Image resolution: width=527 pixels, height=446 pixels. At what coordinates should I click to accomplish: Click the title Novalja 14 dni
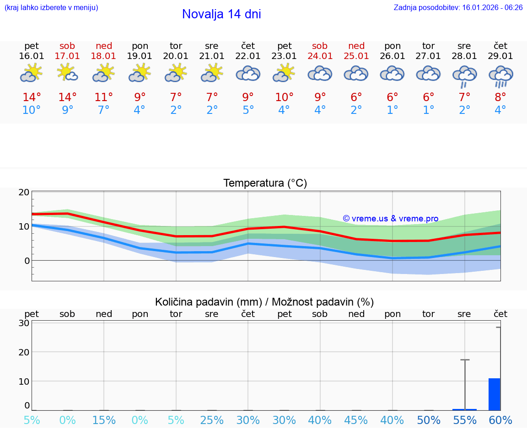221,14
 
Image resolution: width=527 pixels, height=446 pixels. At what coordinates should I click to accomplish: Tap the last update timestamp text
458,8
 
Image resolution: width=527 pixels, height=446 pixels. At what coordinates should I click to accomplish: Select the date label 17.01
67,56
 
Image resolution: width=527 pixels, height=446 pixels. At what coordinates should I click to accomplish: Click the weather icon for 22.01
248,74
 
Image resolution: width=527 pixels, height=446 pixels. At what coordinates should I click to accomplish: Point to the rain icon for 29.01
500,76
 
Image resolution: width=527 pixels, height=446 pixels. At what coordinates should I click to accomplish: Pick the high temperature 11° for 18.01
104,97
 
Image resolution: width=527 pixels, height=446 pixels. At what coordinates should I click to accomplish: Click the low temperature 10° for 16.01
32,110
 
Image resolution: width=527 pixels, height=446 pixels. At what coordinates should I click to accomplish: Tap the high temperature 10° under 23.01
284,97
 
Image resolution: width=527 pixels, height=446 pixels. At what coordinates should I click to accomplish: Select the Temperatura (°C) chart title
265,183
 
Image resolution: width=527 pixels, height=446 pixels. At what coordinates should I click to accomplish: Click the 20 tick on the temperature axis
24,193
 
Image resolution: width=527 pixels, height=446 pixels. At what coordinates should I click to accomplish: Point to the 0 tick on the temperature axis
27,261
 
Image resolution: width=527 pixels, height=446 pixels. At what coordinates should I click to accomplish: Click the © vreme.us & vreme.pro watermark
390,219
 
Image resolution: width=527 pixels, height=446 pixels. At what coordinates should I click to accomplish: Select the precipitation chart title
264,302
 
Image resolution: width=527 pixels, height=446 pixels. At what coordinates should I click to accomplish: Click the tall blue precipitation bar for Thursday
494,394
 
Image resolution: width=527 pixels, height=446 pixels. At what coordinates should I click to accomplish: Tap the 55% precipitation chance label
465,420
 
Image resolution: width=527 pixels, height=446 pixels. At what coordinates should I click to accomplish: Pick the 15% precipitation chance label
104,420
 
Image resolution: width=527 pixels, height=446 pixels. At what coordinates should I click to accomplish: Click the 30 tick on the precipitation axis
24,323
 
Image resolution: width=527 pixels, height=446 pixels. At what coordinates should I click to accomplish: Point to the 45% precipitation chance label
356,420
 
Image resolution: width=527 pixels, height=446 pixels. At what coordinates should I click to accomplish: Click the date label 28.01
464,56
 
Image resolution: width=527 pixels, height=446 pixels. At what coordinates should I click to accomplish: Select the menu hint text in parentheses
51,8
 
